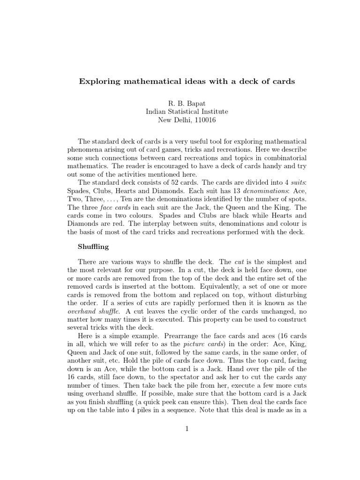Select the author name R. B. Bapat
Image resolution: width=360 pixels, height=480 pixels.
(180, 103)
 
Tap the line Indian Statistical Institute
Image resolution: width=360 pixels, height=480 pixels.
(180, 112)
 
